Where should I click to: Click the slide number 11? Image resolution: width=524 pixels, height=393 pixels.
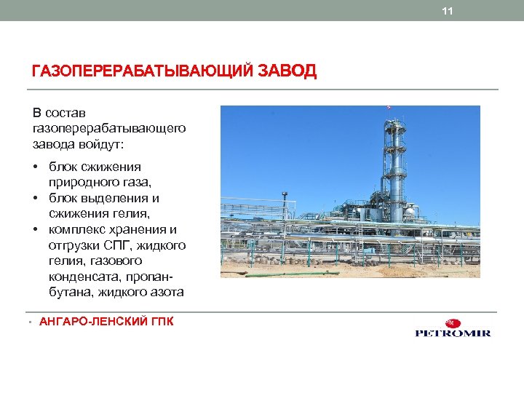tap(448, 11)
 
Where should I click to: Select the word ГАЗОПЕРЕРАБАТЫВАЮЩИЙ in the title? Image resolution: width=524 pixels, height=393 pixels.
tap(143, 71)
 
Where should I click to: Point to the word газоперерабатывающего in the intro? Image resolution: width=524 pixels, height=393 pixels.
tap(108, 127)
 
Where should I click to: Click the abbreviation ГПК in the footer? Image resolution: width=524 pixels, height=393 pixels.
tap(161, 321)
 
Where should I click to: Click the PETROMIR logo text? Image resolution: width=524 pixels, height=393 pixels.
tap(453, 333)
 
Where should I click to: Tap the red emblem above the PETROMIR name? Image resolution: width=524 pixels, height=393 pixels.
tap(453, 323)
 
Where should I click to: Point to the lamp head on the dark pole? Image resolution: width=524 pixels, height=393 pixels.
tap(285, 194)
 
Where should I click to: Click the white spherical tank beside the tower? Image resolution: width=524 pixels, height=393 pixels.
tap(410, 212)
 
